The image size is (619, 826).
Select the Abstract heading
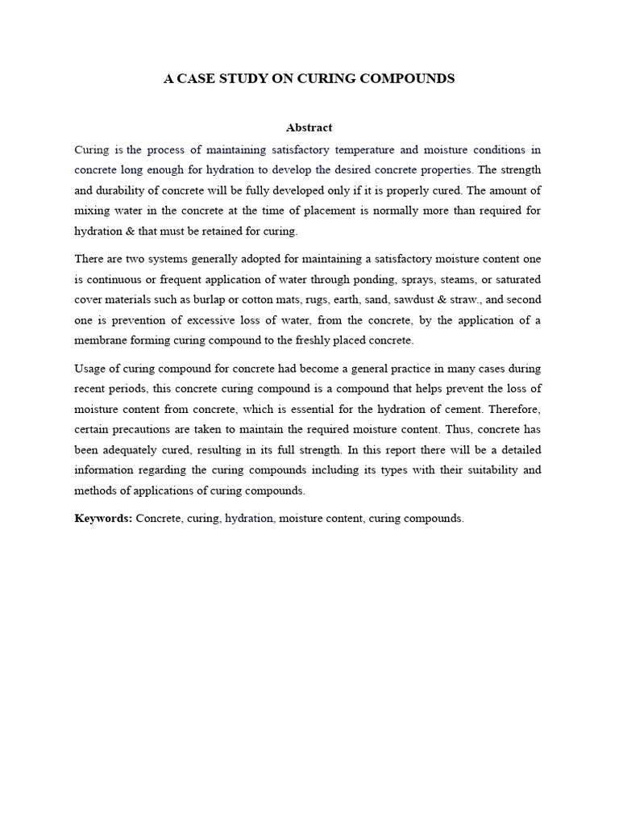pyautogui.click(x=309, y=127)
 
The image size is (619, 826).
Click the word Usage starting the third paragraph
pyautogui.click(x=89, y=368)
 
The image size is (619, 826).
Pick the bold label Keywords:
pyautogui.click(x=103, y=519)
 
